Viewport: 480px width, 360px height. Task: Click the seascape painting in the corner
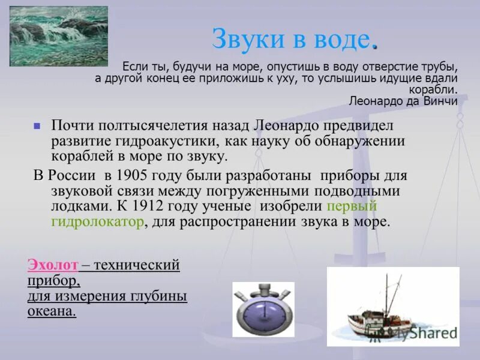[x=59, y=36]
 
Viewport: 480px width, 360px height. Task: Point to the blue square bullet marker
[x=37, y=127]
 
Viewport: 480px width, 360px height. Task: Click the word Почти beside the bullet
[x=73, y=126]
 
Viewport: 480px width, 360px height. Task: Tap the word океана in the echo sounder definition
[x=52, y=311]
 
